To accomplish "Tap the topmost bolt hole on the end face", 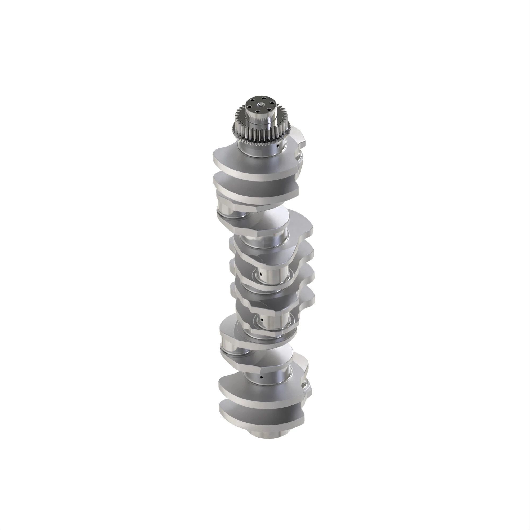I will pyautogui.click(x=263, y=98).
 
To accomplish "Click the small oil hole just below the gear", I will pyautogui.click(x=278, y=146).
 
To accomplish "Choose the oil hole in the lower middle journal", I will pyautogui.click(x=262, y=320).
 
